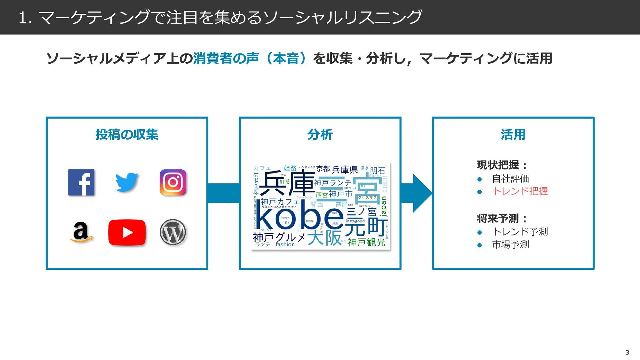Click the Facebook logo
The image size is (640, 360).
(81, 182)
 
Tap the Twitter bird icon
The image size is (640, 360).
(127, 182)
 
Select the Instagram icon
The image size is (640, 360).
(173, 182)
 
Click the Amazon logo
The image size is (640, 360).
(81, 232)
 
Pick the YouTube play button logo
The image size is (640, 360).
(127, 232)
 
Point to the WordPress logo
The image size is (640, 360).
(173, 232)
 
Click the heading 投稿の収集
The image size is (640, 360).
(127, 135)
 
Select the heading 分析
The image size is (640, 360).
(320, 135)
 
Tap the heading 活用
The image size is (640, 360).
(513, 135)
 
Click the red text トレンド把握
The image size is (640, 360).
(520, 191)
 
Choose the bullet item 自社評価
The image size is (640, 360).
(510, 179)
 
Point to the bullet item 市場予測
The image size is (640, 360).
(510, 245)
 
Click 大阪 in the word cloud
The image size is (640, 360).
(324, 238)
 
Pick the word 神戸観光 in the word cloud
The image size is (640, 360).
(366, 242)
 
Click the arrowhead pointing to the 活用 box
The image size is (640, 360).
(422, 193)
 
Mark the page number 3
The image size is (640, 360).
(627, 352)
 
